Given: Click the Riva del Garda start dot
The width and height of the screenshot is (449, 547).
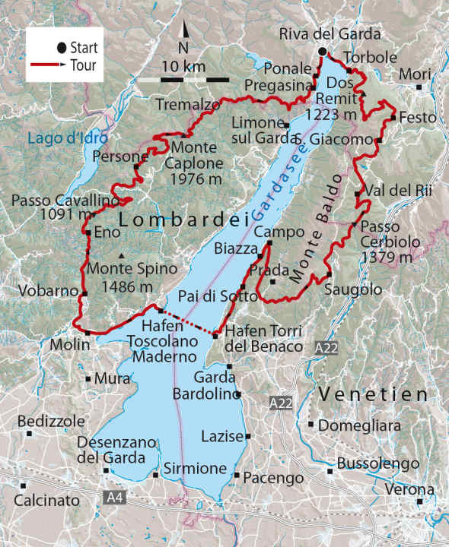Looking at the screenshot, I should click(x=322, y=52).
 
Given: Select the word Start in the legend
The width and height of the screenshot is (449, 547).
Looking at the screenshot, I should click(x=84, y=48).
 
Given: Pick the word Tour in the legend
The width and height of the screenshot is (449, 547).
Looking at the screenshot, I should click(x=82, y=65).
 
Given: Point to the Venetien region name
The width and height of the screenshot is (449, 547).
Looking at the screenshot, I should click(x=374, y=394).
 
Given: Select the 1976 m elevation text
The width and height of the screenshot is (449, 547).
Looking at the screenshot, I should click(x=199, y=178).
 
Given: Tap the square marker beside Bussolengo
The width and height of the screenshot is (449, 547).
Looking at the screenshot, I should click(x=330, y=471).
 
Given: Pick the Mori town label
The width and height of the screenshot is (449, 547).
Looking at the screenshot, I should click(x=414, y=75).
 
